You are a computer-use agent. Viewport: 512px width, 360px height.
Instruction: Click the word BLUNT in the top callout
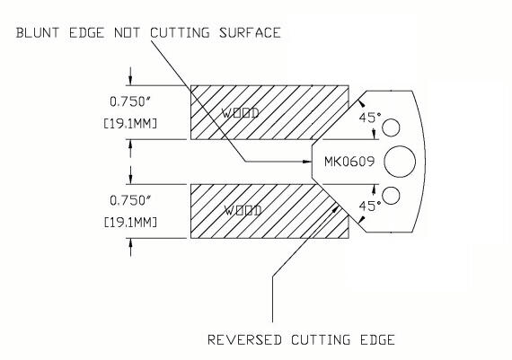pos(38,33)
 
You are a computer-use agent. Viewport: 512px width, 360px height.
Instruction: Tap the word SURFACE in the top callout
pos(250,33)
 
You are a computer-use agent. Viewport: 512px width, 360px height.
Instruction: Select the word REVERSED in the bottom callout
pos(244,339)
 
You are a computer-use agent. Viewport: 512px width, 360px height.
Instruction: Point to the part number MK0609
pos(349,162)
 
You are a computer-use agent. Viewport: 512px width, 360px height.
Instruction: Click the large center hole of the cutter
pos(400,162)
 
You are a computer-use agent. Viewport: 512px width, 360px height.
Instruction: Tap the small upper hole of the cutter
pos(391,127)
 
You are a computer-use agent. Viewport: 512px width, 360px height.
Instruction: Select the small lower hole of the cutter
pos(391,196)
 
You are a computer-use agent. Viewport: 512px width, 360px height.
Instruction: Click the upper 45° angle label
pos(370,118)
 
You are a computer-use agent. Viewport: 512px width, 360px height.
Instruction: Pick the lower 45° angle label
pos(370,206)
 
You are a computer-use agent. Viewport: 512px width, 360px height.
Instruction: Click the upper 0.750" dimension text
pos(129,101)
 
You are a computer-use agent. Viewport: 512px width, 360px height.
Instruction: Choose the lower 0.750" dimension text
pos(129,200)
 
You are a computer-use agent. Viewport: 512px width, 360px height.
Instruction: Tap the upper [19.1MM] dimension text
pos(130,124)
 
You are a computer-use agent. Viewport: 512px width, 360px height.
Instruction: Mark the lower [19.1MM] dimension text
pos(130,223)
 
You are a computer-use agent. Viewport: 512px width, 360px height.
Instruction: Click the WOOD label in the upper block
pos(241,113)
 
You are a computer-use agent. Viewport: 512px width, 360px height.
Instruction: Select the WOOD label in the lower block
pos(243,211)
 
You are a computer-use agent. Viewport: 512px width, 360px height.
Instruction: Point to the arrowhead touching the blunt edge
pos(307,162)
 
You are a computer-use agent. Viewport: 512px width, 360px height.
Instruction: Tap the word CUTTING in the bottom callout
pos(321,339)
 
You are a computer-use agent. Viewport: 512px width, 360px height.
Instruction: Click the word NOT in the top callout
pos(127,33)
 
